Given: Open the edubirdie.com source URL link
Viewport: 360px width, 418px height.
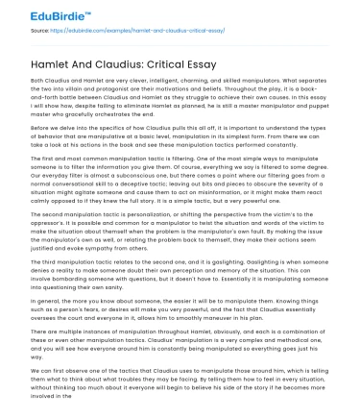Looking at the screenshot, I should pyautogui.click(x=125, y=31).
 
